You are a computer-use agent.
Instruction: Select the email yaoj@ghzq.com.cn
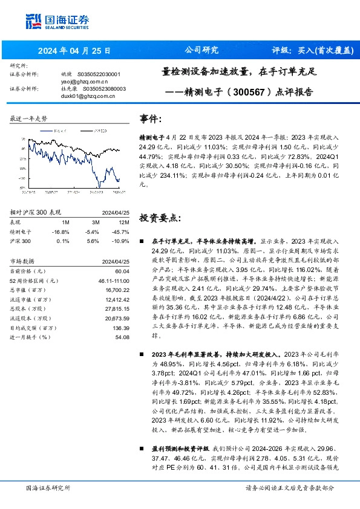point(84,81)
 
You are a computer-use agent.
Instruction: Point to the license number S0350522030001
point(99,74)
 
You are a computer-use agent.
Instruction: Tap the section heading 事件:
point(151,119)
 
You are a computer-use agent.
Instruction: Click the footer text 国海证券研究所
point(48,488)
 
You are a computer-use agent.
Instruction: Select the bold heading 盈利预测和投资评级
point(182,449)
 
